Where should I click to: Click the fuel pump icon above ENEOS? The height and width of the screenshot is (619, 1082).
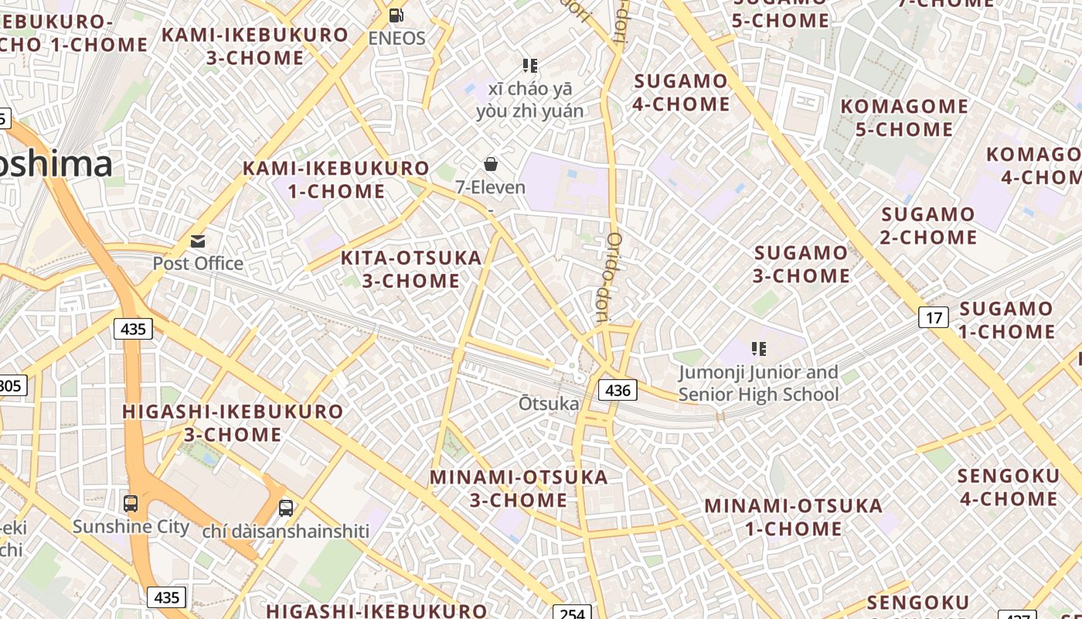pos(396,15)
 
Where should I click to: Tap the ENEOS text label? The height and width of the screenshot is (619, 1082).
pos(396,38)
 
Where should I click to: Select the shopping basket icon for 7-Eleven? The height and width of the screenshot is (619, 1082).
pos(490,164)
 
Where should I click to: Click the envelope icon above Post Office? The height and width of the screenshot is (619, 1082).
pos(198,241)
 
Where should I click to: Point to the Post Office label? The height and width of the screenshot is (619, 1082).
pos(198,263)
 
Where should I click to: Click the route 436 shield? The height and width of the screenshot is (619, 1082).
pos(618,390)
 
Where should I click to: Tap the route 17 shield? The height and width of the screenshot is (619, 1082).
pos(934,317)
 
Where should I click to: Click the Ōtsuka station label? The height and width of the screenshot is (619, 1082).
pos(549,403)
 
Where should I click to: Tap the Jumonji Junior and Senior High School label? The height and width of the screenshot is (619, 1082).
pos(758,384)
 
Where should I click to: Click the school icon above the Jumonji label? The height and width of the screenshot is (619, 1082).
pos(759,350)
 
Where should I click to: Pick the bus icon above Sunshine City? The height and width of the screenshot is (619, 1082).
pos(131,504)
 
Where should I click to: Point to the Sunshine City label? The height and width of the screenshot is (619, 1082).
pos(131,527)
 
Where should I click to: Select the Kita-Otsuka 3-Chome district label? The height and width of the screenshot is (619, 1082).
pos(411,269)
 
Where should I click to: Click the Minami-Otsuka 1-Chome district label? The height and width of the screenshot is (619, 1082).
pos(793,518)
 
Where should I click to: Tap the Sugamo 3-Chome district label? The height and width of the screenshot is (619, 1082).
pos(801,264)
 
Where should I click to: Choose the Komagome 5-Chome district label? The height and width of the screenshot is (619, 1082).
pos(904,118)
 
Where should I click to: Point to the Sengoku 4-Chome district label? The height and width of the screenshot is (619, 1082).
pos(1008,487)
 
